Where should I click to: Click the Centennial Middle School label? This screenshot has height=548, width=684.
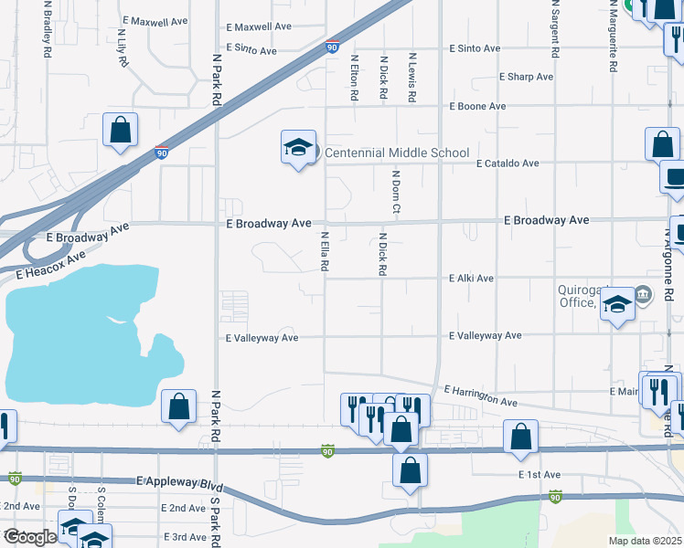pyautogui.click(x=397, y=153)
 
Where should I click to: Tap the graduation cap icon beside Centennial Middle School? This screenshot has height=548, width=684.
pyautogui.click(x=298, y=147)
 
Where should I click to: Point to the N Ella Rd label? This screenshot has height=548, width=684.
pyautogui.click(x=325, y=251)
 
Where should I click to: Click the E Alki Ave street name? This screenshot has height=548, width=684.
pyautogui.click(x=472, y=279)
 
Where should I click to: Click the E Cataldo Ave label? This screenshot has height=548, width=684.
pyautogui.click(x=508, y=163)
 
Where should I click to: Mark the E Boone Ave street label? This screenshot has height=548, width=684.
pyautogui.click(x=477, y=107)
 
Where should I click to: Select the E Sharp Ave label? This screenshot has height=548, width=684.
pyautogui.click(x=526, y=78)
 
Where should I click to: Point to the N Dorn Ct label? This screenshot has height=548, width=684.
pyautogui.click(x=397, y=193)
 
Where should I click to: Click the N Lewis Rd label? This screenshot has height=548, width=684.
pyautogui.click(x=412, y=77)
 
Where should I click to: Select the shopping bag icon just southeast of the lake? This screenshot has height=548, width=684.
pyautogui.click(x=179, y=406)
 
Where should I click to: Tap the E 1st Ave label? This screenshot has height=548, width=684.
pyautogui.click(x=539, y=476)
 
